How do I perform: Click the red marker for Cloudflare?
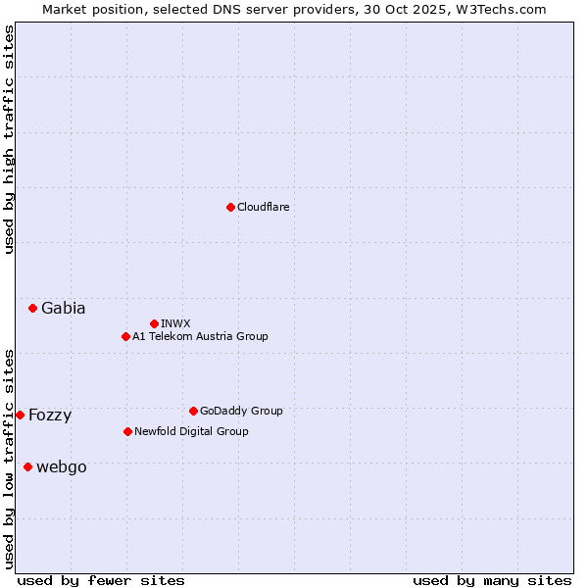(230, 207)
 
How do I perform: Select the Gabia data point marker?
(32, 308)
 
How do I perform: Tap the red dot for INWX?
(154, 323)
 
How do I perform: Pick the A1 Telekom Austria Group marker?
(125, 336)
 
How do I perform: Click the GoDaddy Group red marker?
(193, 411)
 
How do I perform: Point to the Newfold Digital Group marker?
(127, 431)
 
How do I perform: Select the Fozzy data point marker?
(20, 415)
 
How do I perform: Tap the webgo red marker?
(27, 466)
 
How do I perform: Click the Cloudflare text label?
(263, 207)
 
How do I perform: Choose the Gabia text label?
(63, 308)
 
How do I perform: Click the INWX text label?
(175, 323)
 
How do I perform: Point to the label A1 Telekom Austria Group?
(200, 336)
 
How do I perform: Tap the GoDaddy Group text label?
(241, 411)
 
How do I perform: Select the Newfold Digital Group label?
(191, 431)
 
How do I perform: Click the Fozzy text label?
(50, 415)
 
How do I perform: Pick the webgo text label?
(61, 466)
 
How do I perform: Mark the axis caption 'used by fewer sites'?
(101, 580)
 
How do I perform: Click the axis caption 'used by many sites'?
(492, 580)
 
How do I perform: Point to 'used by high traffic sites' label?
(9, 139)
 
